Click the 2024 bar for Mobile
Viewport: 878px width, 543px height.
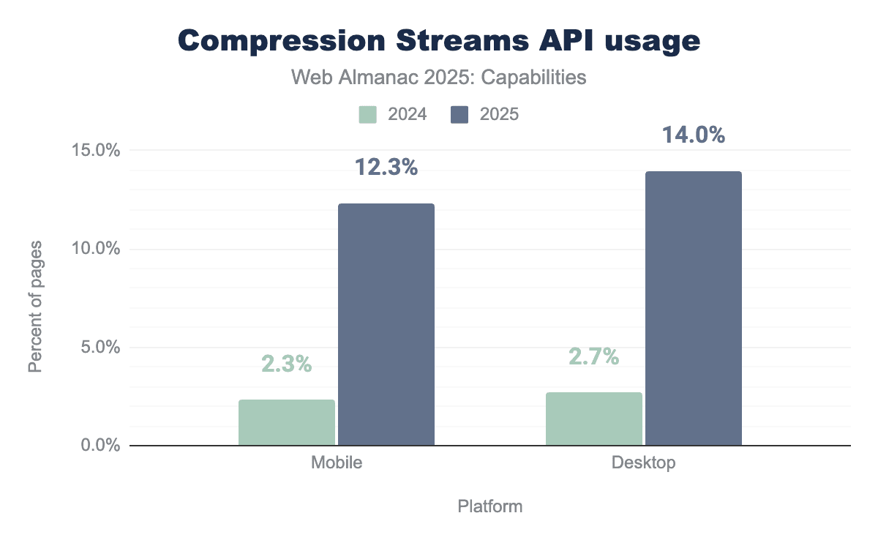[x=287, y=422]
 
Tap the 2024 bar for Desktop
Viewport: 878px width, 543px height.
[x=594, y=419]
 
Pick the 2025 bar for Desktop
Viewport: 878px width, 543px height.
[x=694, y=308]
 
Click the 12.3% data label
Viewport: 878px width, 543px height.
[x=386, y=168]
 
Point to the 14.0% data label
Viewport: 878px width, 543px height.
[x=694, y=135]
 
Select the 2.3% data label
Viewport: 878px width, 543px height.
[x=287, y=364]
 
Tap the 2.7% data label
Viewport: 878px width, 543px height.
[x=594, y=356]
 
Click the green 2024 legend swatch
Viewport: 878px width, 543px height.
[x=368, y=114]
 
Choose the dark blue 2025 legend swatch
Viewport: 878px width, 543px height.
[x=459, y=114]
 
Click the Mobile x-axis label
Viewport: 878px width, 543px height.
[x=337, y=463]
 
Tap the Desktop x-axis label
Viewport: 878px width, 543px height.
[x=644, y=463]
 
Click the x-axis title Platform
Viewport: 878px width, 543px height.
[x=490, y=506]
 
